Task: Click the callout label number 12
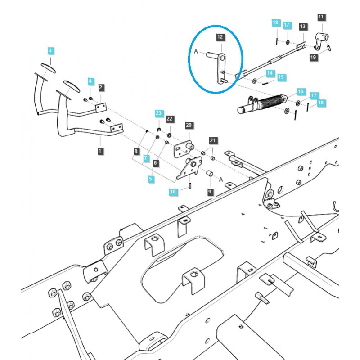[x=220, y=36]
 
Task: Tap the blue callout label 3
[x=50, y=50]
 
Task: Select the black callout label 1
[x=100, y=151]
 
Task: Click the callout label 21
[x=213, y=141]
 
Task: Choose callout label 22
[x=169, y=119]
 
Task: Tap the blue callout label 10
[x=173, y=192]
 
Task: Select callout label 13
[x=302, y=27]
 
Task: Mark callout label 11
[x=321, y=17]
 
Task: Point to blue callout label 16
[x=301, y=92]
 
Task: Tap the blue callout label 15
[x=281, y=77]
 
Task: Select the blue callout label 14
[x=270, y=72]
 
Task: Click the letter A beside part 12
[x=196, y=52]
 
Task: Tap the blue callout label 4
[x=91, y=81]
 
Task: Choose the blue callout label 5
[x=151, y=179]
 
